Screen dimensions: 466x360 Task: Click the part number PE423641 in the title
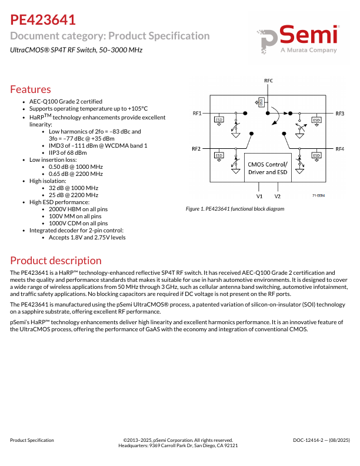42,20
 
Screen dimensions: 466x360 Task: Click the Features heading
31,89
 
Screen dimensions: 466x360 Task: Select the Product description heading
56,260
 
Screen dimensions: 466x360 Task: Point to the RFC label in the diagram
268,80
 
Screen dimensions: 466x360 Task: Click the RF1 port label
197,112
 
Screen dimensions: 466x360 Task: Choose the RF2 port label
197,149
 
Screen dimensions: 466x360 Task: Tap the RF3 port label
340,112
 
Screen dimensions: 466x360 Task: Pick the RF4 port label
340,149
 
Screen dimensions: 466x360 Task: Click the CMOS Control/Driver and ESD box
268,168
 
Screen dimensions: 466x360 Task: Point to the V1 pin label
259,196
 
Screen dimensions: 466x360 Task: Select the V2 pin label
278,196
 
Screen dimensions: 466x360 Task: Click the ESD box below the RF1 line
219,120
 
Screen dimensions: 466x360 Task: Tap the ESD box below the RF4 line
316,156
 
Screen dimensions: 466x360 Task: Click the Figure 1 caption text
235,209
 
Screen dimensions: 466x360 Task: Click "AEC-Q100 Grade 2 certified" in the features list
66,101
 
